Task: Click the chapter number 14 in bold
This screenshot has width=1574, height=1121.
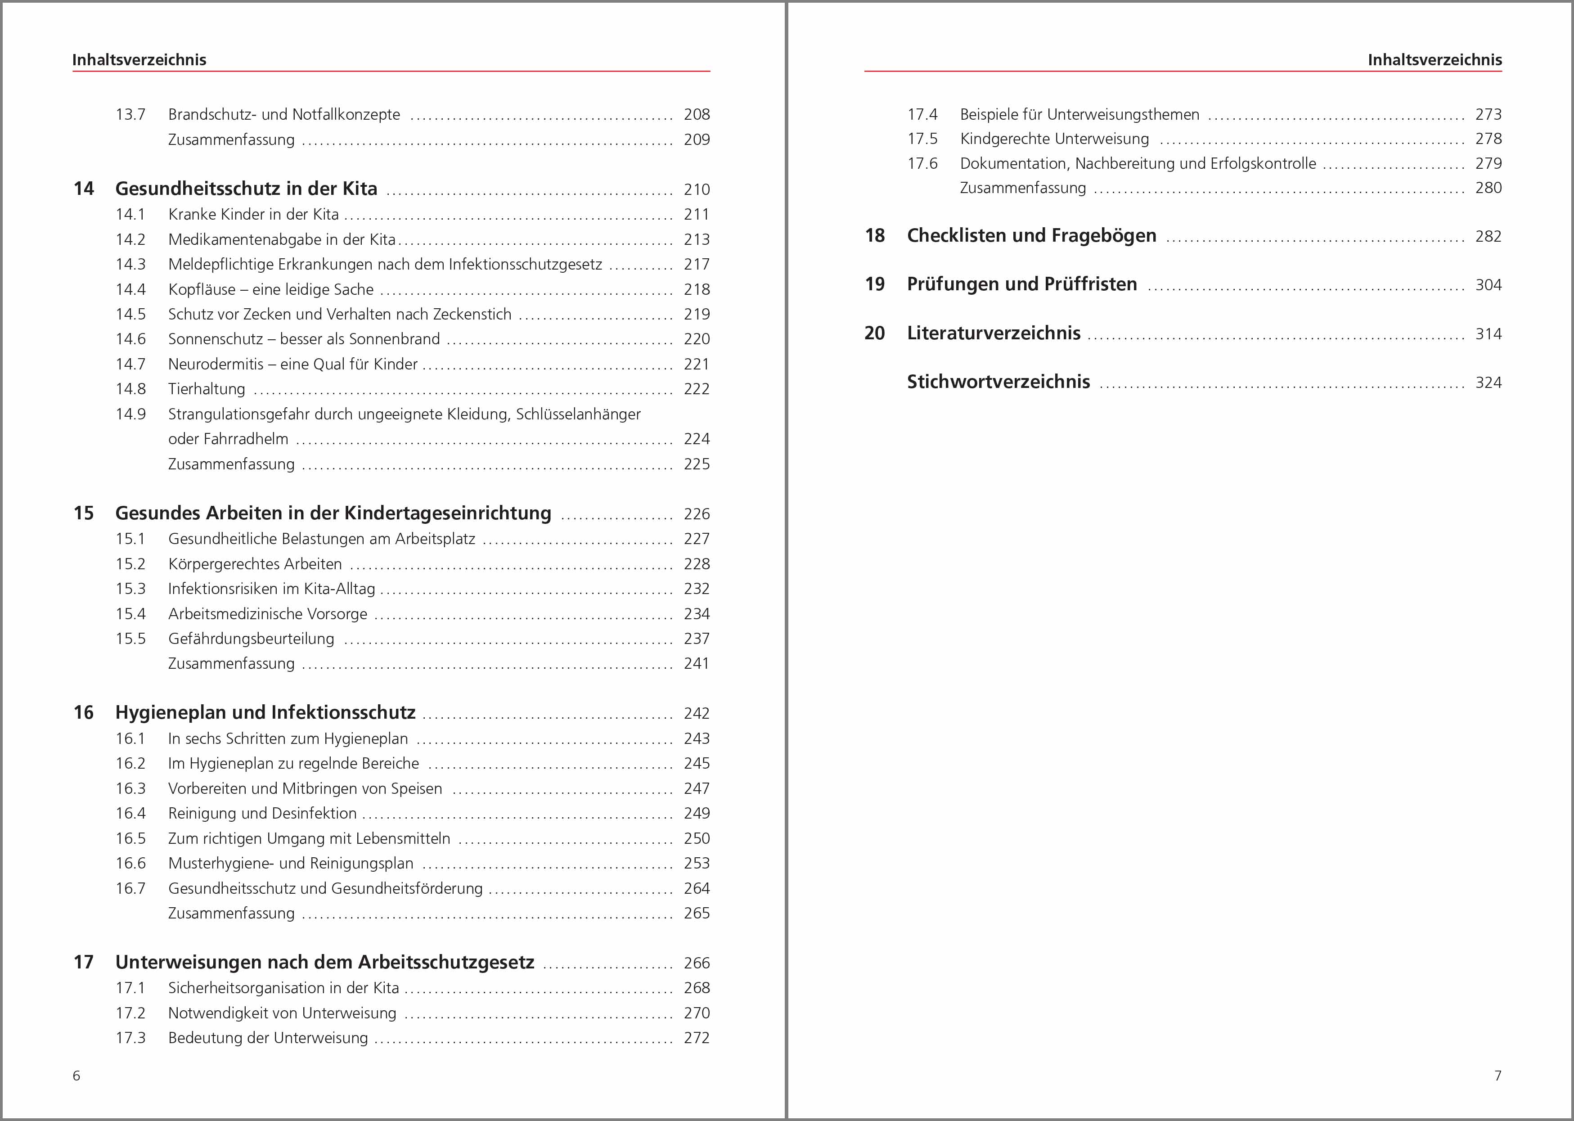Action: (84, 189)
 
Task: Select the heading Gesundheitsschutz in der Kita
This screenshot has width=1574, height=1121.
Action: (246, 189)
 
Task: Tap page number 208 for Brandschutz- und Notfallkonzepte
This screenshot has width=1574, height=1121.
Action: (696, 115)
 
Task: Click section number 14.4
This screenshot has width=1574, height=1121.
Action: (130, 289)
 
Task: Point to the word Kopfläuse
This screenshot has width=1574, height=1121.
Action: (202, 289)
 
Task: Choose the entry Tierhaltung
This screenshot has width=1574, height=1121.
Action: (207, 389)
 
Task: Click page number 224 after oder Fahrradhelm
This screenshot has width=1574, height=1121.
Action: (696, 439)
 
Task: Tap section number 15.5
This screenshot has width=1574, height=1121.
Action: (130, 639)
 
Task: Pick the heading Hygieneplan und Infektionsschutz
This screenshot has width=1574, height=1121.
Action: (265, 712)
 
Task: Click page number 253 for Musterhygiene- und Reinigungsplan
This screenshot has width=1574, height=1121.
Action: (696, 863)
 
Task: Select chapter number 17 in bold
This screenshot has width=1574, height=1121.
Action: (84, 962)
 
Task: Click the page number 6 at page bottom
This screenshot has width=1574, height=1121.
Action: (76, 1076)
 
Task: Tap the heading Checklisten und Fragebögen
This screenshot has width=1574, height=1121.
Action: (1031, 235)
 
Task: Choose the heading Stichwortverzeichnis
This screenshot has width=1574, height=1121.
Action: (998, 382)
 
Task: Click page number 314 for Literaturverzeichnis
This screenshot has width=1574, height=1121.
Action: (1488, 334)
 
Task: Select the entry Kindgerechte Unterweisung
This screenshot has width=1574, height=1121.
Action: (1054, 139)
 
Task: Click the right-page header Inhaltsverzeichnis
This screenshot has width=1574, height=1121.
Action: (1434, 60)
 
